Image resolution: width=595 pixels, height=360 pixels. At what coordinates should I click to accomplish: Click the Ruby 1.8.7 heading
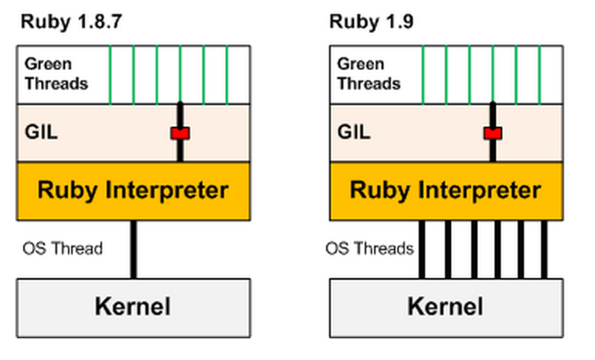pyautogui.click(x=70, y=21)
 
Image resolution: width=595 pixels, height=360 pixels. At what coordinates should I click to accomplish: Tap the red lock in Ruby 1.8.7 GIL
pyautogui.click(x=180, y=134)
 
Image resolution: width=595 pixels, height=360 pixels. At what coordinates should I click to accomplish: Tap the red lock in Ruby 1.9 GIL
pyautogui.click(x=493, y=134)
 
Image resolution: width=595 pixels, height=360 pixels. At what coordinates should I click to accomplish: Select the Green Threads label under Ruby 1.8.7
pyautogui.click(x=56, y=73)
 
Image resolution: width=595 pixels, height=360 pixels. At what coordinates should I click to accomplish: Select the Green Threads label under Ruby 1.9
pyautogui.click(x=369, y=73)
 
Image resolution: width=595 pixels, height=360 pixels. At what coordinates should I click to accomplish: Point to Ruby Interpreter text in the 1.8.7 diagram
pyautogui.click(x=133, y=190)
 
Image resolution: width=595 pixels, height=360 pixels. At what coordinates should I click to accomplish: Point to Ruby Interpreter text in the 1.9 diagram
pyautogui.click(x=446, y=190)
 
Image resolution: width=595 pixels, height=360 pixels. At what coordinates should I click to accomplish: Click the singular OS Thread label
pyautogui.click(x=63, y=249)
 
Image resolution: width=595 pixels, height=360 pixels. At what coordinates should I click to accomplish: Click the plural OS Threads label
pyautogui.click(x=369, y=249)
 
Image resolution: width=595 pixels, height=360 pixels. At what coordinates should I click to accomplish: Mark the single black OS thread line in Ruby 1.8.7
pyautogui.click(x=133, y=249)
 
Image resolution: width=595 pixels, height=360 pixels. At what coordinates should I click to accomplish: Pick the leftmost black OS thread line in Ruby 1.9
pyautogui.click(x=422, y=249)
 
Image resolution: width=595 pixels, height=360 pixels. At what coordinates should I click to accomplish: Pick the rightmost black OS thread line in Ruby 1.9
pyautogui.click(x=545, y=249)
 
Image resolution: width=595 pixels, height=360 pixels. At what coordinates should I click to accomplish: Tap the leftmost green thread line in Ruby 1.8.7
pyautogui.click(x=110, y=74)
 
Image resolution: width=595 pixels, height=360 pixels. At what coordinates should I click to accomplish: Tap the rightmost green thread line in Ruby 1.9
pyautogui.click(x=539, y=74)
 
